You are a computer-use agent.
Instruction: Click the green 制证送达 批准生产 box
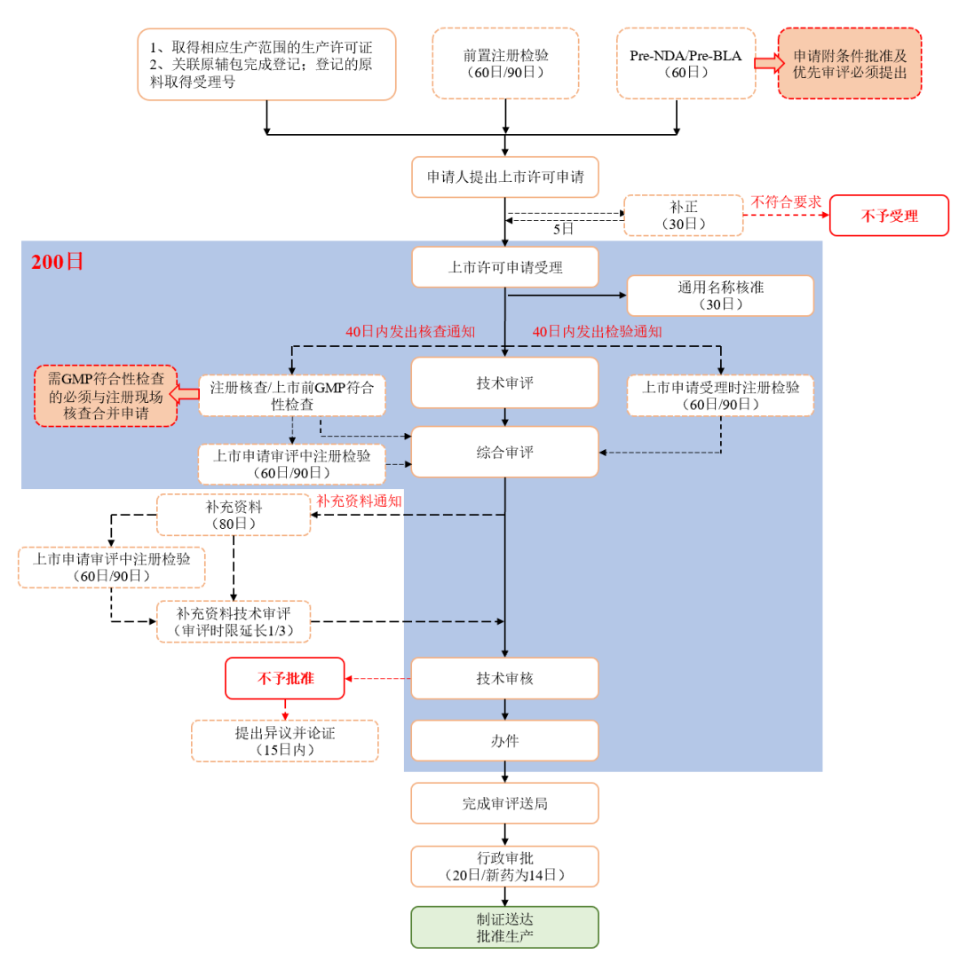(x=504, y=927)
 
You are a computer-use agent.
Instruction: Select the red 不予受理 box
(x=889, y=216)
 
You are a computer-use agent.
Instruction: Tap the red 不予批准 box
(x=285, y=679)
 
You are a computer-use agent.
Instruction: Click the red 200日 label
(x=58, y=262)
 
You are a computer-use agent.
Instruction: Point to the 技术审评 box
(x=504, y=382)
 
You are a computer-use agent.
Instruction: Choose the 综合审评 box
(x=504, y=452)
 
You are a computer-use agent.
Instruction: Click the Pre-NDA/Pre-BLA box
(x=686, y=63)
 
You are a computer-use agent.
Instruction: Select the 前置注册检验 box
(x=505, y=63)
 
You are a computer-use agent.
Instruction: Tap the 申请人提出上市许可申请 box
(x=504, y=177)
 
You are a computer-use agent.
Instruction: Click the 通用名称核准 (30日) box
(x=720, y=296)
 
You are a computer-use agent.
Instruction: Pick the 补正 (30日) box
(x=684, y=216)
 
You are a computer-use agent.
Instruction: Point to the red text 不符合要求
(x=786, y=201)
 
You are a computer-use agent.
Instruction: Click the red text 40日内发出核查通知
(x=410, y=331)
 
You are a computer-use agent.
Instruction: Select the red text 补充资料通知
(x=359, y=501)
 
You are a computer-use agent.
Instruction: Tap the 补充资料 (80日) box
(x=234, y=515)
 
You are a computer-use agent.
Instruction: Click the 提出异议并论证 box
(x=285, y=741)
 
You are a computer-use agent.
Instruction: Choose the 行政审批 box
(x=504, y=866)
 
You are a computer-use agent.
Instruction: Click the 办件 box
(x=504, y=741)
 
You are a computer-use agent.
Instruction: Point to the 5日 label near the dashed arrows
(x=563, y=228)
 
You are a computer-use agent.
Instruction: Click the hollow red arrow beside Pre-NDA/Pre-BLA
(x=765, y=63)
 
